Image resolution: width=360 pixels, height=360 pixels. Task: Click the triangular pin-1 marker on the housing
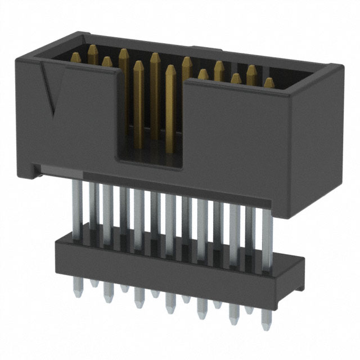[49, 87]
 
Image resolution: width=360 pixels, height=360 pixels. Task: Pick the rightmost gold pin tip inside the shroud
[269, 83]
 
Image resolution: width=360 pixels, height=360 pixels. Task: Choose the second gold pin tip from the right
[251, 70]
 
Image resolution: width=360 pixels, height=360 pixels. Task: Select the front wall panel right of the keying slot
[236, 141]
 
